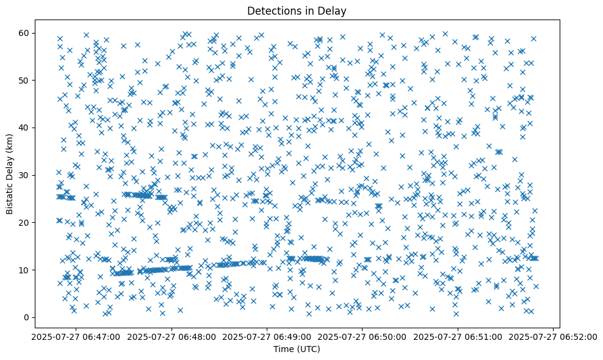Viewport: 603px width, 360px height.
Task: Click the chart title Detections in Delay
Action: pos(296,10)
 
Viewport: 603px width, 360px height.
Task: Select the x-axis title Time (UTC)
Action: pos(296,349)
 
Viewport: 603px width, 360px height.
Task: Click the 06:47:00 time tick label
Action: pos(77,336)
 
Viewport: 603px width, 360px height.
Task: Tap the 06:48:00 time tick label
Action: pos(172,336)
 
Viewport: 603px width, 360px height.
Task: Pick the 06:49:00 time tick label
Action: pos(267,336)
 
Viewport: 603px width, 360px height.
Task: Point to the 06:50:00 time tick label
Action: pos(363,336)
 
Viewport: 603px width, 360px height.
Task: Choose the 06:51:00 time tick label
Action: pos(458,336)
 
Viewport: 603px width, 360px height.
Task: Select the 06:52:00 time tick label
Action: pos(553,336)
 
